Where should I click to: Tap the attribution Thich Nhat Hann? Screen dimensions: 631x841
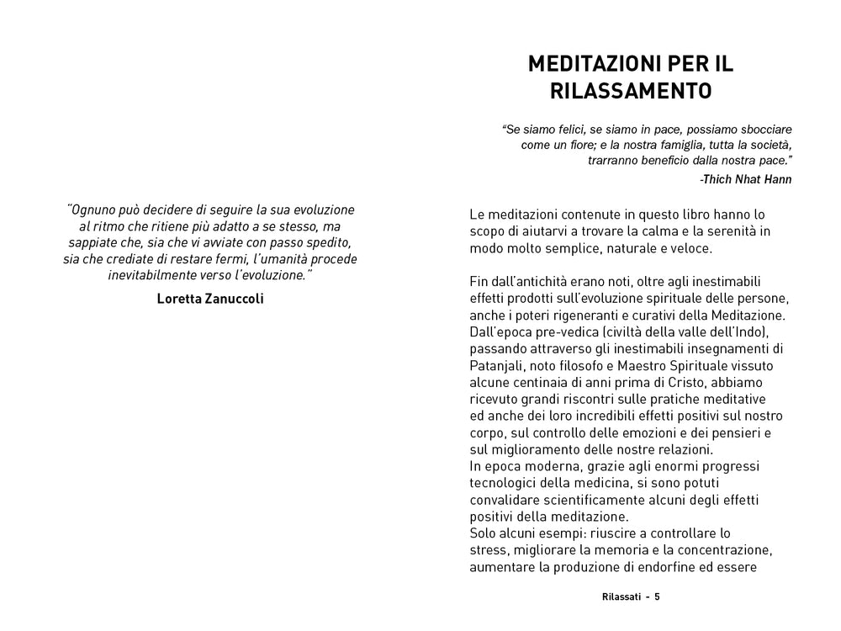(x=745, y=179)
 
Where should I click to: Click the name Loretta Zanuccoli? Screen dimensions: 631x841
(x=210, y=298)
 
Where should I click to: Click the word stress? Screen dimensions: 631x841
(x=488, y=550)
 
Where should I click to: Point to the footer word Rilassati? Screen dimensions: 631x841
(x=621, y=597)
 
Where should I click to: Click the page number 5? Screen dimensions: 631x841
(x=658, y=597)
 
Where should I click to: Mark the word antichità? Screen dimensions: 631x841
(x=545, y=282)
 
